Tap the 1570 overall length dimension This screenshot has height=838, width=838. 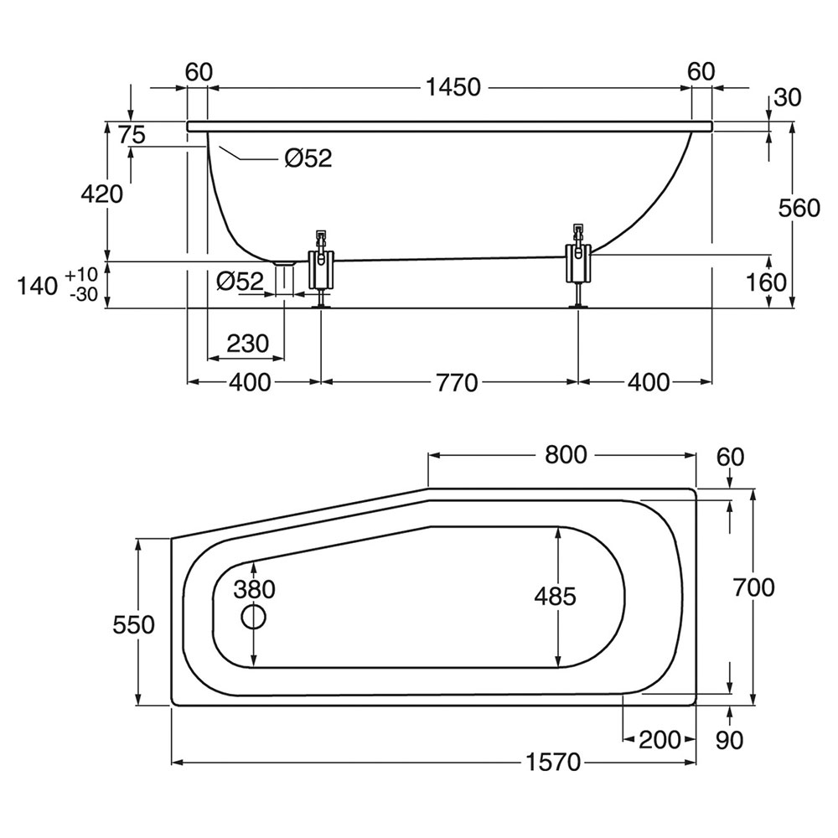coord(554,763)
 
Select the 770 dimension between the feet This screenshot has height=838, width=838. coord(456,382)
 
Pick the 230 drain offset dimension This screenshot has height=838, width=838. coord(247,343)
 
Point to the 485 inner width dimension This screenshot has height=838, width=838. coord(556,596)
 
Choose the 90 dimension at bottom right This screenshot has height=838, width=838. coord(731,740)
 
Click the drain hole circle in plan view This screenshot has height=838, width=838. coord(254,618)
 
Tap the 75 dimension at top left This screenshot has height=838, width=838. coord(132,134)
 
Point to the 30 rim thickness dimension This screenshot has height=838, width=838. coord(787,97)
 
